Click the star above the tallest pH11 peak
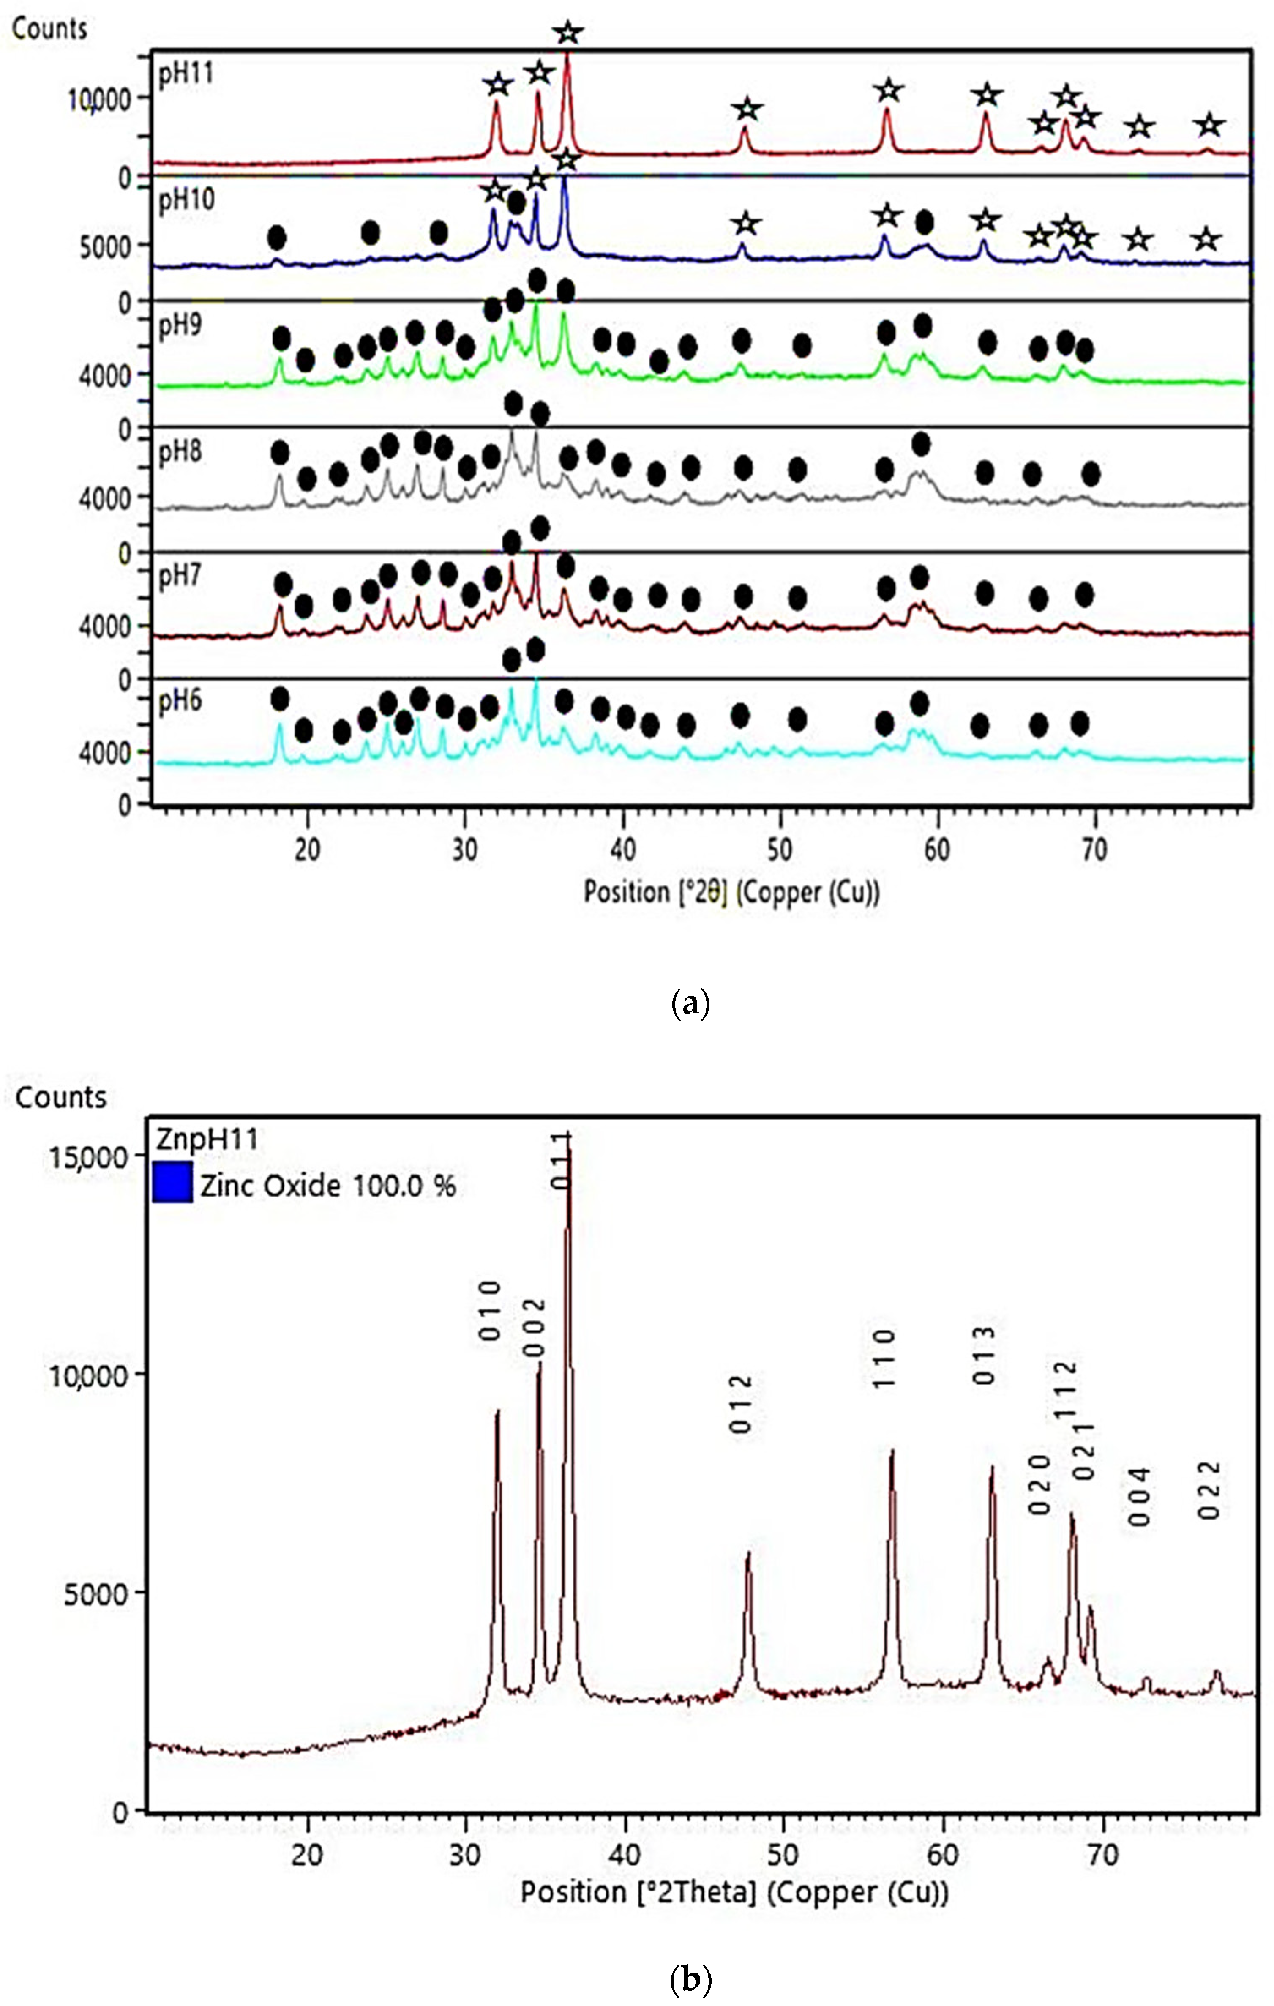point(568,33)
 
